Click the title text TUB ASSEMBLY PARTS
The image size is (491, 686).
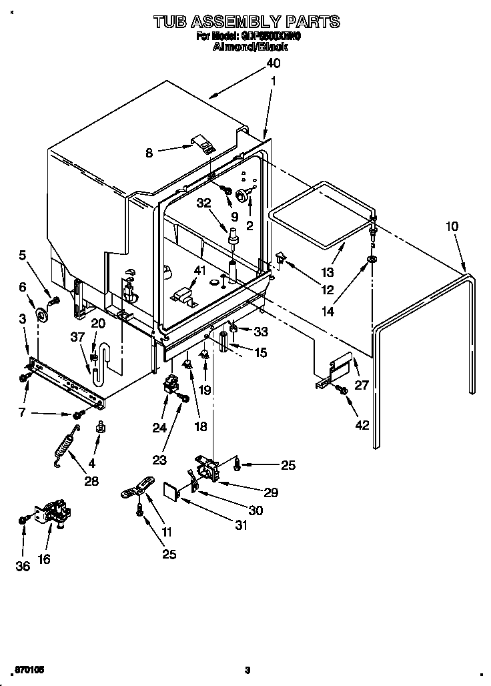(246, 22)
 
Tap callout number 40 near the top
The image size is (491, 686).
(273, 63)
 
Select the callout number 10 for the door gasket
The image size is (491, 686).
(452, 226)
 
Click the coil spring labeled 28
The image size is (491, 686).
(67, 444)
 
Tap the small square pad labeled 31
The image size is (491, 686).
(173, 491)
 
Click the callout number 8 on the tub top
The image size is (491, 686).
(149, 153)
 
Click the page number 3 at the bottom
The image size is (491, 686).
(247, 670)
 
